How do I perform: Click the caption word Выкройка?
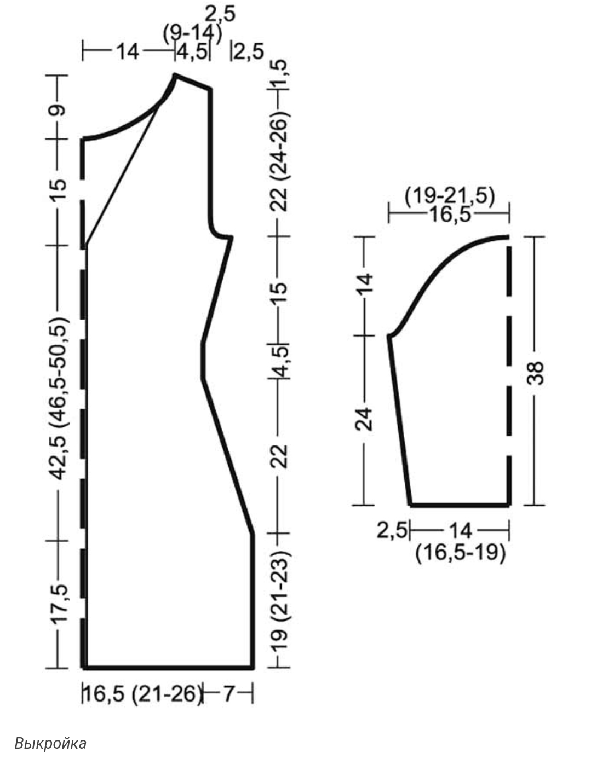click(50, 743)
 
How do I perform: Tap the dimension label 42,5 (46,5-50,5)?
click(59, 398)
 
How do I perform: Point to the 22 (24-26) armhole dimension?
click(279, 161)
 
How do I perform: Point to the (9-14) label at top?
click(192, 34)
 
